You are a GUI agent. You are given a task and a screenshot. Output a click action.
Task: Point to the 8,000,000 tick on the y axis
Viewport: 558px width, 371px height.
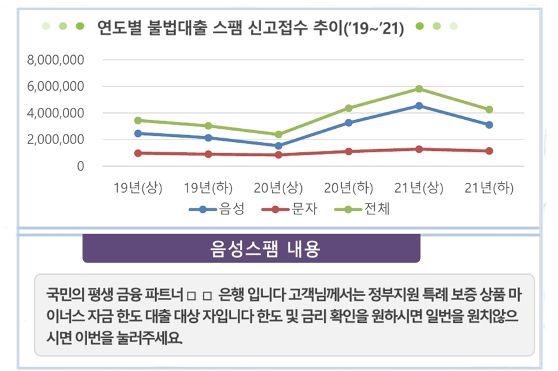click(x=57, y=60)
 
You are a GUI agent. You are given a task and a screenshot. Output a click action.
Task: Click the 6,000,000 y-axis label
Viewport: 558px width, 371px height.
click(x=57, y=86)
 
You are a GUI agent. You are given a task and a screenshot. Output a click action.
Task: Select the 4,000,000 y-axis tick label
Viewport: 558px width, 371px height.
click(x=57, y=113)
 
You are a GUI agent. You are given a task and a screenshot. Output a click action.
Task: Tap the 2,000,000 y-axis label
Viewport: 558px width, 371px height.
click(x=57, y=140)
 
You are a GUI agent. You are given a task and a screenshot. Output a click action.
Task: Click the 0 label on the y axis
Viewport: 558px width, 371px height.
click(x=80, y=166)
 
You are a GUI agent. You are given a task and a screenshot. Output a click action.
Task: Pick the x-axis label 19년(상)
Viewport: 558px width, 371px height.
click(x=138, y=188)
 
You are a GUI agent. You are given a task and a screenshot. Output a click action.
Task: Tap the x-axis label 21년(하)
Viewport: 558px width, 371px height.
click(x=488, y=188)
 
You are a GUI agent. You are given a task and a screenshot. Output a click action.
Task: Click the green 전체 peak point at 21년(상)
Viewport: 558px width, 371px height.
click(x=418, y=89)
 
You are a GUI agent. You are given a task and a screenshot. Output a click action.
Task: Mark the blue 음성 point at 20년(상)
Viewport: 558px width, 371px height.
click(x=278, y=146)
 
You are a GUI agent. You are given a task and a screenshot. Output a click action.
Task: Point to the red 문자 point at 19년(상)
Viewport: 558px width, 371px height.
click(x=138, y=153)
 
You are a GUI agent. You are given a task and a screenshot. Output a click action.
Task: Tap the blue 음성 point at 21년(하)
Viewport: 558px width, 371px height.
click(x=489, y=125)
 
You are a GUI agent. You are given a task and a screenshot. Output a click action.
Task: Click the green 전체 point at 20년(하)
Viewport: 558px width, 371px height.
click(x=348, y=108)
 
